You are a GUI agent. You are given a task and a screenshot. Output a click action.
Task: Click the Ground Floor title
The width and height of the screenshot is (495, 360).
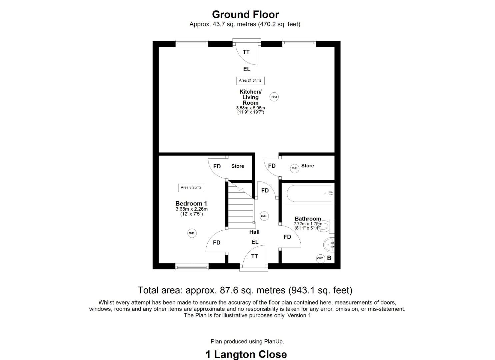pos(245,14)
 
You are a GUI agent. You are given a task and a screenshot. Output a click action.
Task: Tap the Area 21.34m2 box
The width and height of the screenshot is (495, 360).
pos(250,80)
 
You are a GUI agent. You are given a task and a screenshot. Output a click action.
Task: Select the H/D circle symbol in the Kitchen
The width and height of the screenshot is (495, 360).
pos(274,97)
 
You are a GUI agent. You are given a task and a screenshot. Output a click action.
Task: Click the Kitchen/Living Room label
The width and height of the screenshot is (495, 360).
pos(250,97)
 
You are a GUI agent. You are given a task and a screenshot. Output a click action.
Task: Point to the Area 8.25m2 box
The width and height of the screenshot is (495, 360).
pos(191,187)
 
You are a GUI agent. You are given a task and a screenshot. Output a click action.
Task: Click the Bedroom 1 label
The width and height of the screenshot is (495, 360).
pos(191,203)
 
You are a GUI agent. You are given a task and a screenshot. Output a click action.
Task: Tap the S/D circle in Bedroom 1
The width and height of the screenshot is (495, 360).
pos(192,233)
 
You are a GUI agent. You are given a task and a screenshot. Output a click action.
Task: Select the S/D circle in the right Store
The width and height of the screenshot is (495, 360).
pos(295,168)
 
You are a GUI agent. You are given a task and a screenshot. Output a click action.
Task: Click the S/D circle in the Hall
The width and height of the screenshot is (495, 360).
pos(264,216)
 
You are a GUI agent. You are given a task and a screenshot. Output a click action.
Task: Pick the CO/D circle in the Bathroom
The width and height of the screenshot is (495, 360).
pos(320,258)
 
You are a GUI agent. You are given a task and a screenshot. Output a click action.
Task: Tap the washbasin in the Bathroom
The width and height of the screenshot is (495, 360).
pos(329,245)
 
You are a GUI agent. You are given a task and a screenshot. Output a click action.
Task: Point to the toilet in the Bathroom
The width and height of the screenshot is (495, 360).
pos(327,227)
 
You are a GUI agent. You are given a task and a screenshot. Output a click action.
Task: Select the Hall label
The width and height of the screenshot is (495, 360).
pos(254,232)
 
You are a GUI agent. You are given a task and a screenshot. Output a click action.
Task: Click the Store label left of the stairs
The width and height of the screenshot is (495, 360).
pos(238,166)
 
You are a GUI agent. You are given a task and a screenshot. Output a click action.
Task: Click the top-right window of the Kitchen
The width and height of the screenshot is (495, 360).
pos(299,43)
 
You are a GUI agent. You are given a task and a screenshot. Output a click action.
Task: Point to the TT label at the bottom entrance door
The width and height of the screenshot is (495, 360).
pos(255,256)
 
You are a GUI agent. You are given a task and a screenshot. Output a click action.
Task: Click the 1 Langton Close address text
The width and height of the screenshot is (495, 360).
pos(246,354)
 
